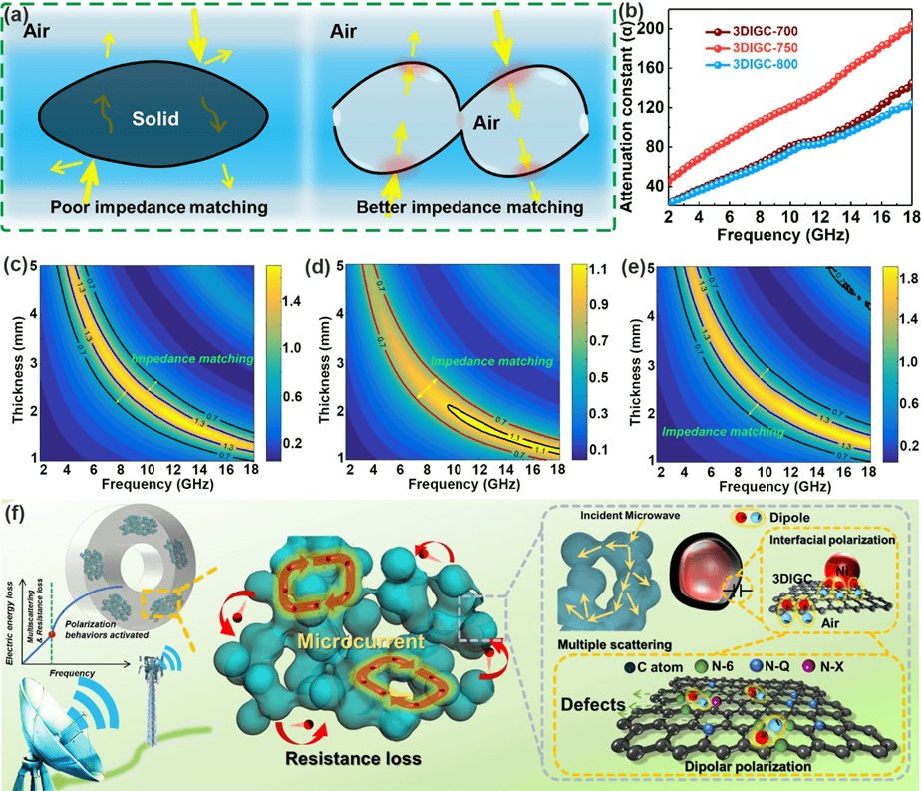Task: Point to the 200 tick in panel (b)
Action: pyautogui.click(x=647, y=28)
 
